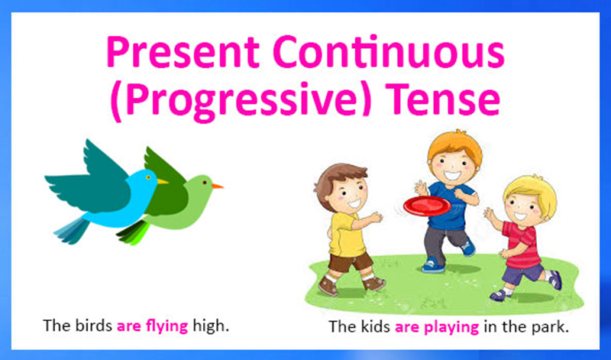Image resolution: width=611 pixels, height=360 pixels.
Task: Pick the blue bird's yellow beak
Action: (162, 181)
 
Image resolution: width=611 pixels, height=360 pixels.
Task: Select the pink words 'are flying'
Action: (152, 325)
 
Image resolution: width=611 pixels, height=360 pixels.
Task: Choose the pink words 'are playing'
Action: (438, 326)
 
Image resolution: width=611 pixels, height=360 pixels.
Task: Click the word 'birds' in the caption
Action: (91, 325)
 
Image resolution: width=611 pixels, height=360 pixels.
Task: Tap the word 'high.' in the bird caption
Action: (211, 325)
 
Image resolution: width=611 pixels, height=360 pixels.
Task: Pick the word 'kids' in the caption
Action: (375, 326)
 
